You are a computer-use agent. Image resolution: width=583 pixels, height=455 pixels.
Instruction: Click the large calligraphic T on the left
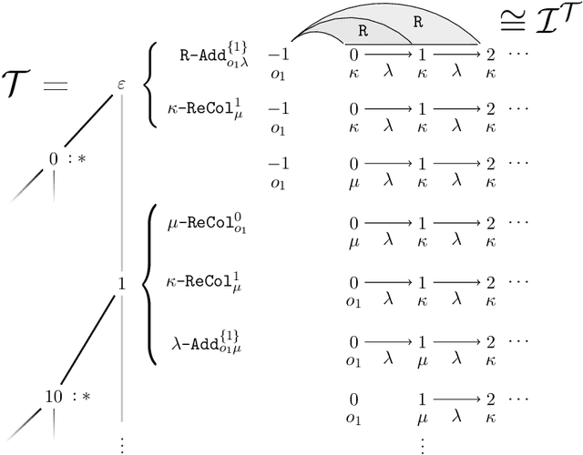click(26, 87)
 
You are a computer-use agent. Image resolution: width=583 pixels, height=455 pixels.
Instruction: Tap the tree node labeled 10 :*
click(56, 397)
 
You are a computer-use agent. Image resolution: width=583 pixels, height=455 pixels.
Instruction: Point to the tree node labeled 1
click(121, 284)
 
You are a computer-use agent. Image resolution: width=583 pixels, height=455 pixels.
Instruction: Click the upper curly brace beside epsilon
click(151, 82)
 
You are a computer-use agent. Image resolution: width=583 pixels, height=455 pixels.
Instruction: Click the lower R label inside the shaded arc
click(362, 29)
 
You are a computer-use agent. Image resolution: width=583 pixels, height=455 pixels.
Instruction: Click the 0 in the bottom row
click(353, 399)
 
